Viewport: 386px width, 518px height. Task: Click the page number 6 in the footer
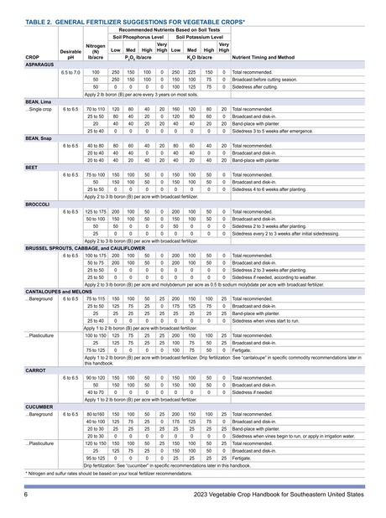coord(27,497)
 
